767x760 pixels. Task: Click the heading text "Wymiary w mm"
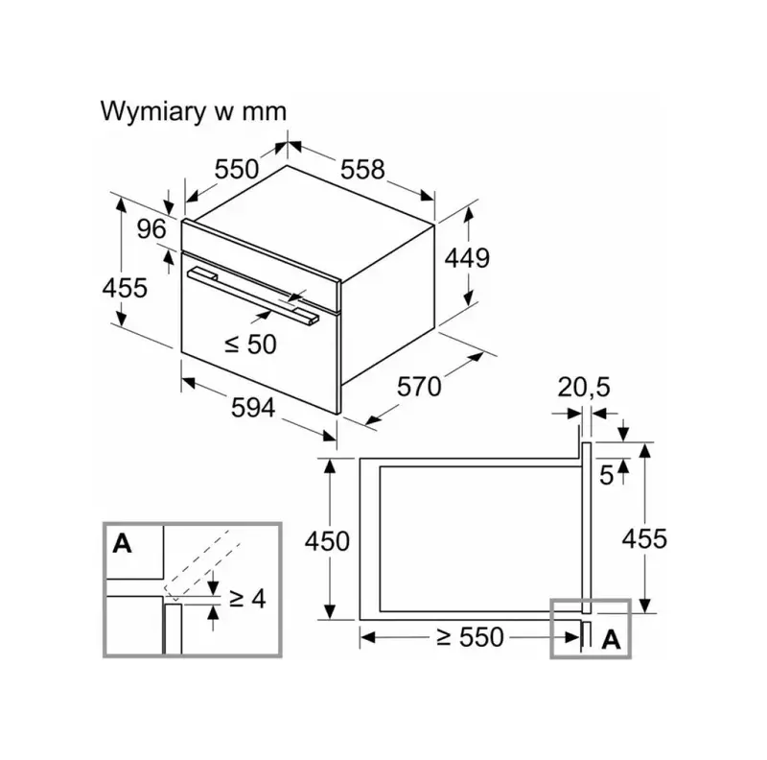194,110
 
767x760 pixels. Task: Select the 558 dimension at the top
361,170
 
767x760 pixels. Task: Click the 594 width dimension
253,407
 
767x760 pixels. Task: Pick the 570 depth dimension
419,386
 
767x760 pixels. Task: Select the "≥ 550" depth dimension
468,636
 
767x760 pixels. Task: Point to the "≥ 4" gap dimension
246,598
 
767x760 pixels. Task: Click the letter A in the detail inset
122,544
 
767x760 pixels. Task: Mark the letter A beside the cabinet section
610,640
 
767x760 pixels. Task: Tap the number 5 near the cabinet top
606,476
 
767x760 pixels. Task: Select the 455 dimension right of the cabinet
644,538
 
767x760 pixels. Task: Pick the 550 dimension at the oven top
236,170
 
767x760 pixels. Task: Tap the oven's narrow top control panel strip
261,252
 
